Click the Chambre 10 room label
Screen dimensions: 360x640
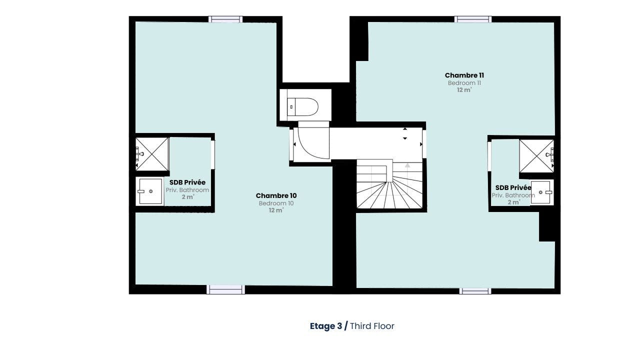coord(276,195)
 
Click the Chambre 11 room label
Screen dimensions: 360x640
coord(464,75)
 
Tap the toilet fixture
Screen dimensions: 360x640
coord(304,106)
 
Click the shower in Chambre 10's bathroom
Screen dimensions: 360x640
coord(152,154)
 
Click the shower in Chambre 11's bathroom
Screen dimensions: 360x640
coord(536,156)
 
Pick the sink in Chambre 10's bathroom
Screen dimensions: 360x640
coord(150,191)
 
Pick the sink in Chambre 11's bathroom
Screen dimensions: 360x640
coord(541,192)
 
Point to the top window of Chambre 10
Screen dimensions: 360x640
coord(225,19)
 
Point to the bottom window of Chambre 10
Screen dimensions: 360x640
coord(225,289)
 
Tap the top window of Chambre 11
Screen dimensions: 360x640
coord(472,19)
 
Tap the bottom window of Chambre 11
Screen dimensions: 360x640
coord(475,290)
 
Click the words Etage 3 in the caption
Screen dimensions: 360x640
coord(326,326)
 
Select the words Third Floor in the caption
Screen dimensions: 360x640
coord(372,326)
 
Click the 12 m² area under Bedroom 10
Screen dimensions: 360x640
coord(276,210)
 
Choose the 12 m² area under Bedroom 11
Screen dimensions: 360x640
coord(464,90)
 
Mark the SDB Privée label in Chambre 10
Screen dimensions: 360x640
coord(187,182)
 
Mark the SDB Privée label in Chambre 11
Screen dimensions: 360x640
coord(513,187)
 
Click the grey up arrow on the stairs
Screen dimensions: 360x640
coord(407,165)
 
